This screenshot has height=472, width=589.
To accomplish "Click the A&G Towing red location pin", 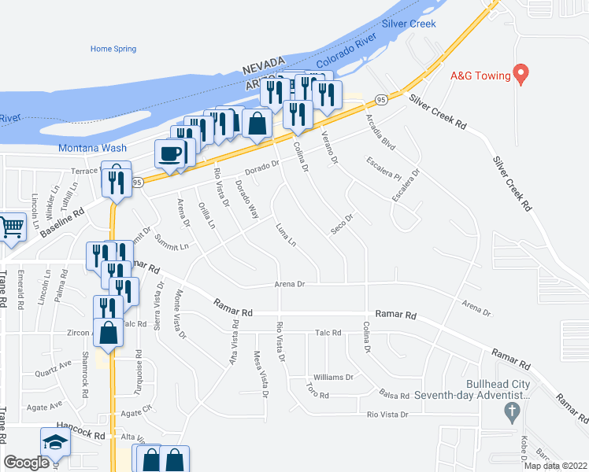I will click(x=520, y=74).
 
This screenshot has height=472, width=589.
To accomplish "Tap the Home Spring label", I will click(x=113, y=49).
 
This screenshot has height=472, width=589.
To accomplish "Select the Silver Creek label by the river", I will click(x=409, y=24).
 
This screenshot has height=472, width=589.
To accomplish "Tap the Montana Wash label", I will click(x=92, y=148).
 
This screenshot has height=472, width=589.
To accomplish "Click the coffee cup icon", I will click(x=170, y=153).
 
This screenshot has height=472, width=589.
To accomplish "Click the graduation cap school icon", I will click(x=55, y=443).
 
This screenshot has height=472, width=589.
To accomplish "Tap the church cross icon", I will click(x=511, y=411).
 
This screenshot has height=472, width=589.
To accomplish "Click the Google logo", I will click(x=26, y=463).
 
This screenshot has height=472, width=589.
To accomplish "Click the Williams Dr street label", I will click(x=333, y=378).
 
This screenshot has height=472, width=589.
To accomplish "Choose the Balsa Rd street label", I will click(x=395, y=396).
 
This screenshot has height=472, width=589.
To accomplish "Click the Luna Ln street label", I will click(x=286, y=234).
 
